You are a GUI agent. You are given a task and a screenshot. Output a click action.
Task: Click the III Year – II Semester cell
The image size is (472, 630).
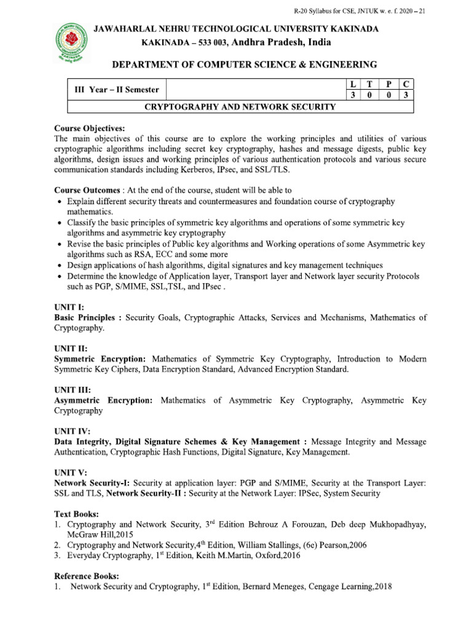tap(117, 90)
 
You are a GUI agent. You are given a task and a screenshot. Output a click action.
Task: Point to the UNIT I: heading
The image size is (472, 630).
tap(69, 307)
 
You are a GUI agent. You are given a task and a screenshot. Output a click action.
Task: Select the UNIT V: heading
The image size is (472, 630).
tap(71, 472)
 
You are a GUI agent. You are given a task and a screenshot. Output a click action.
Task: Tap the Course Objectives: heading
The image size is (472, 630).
tap(90, 129)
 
